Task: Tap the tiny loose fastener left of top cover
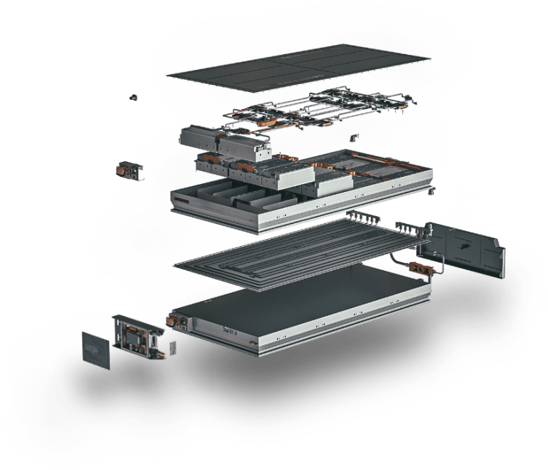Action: pos(134,96)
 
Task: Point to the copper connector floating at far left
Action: pos(128,170)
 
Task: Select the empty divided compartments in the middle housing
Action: pos(228,193)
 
